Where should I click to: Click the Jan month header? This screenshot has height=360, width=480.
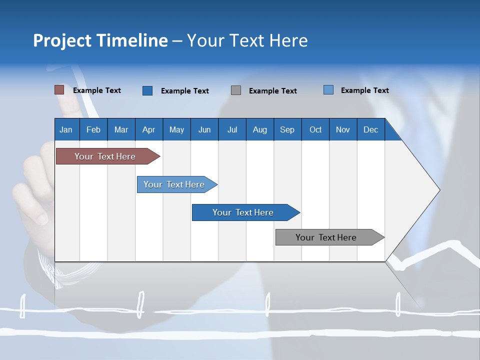tap(66, 129)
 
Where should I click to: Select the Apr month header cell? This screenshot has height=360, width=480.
tap(148, 129)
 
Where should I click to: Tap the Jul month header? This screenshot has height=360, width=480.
tap(232, 129)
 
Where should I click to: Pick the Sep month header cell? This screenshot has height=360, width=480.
tap(287, 129)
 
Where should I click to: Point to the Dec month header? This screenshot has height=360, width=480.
tap(370, 129)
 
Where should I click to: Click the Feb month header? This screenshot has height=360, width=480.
tap(93, 129)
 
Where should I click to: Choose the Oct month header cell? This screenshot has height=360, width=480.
tap(315, 129)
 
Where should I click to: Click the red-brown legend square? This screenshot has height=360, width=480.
tap(59, 90)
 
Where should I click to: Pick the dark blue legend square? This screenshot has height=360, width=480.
tap(147, 90)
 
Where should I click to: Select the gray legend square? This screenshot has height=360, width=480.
tap(236, 90)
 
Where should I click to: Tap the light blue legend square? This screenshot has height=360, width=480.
tap(328, 90)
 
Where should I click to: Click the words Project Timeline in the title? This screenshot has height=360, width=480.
tap(100, 40)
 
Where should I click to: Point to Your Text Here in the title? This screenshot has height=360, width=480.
tap(247, 40)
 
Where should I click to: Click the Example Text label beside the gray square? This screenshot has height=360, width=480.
tap(272, 91)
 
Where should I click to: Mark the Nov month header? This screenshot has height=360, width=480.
tap(342, 129)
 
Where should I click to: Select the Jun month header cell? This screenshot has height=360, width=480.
tap(204, 129)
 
